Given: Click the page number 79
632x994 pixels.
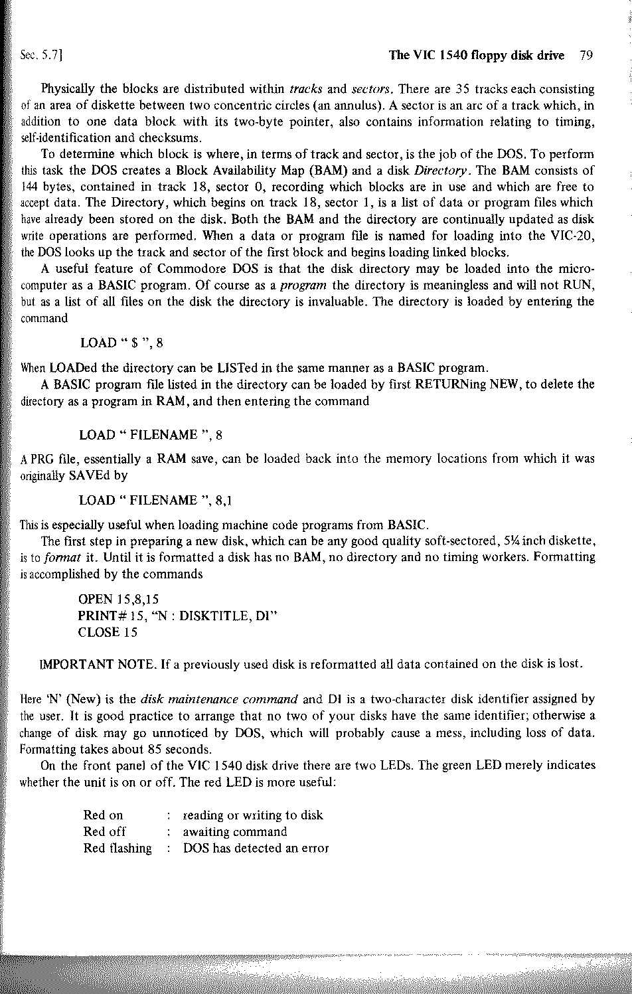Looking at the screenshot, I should tap(585, 56).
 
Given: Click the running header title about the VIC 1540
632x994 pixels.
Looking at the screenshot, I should tap(476, 56).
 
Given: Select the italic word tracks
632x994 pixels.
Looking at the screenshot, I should tap(307, 89).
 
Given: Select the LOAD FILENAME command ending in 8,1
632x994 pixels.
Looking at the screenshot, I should tap(155, 500).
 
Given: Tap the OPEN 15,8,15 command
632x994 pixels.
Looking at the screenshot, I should tap(118, 600).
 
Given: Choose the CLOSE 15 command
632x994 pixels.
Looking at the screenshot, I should tap(108, 632).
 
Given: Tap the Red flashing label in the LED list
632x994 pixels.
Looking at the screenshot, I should tap(117, 848).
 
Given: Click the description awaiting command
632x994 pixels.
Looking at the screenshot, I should tap(235, 831).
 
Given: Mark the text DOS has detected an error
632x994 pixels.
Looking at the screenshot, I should tap(256, 848).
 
